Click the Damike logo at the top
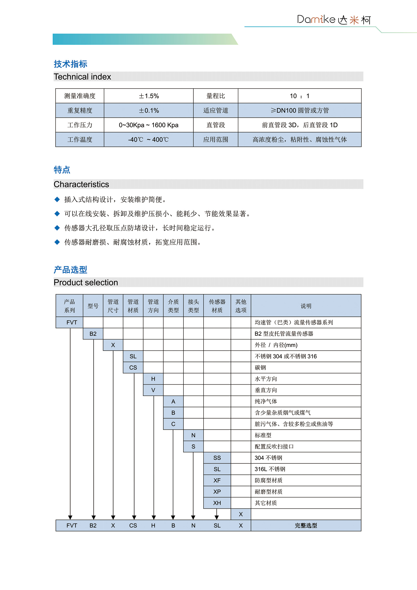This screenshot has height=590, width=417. click(x=334, y=20)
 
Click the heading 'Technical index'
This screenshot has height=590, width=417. click(x=82, y=77)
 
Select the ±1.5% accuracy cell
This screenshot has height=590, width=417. click(x=149, y=96)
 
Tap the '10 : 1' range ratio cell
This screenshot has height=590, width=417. click(x=299, y=96)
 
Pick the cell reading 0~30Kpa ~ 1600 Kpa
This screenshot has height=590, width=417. click(x=149, y=125)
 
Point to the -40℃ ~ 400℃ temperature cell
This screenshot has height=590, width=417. click(x=149, y=140)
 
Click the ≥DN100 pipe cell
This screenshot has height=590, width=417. click(x=299, y=111)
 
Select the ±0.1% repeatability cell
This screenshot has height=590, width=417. click(x=149, y=111)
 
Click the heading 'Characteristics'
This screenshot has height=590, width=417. click(x=81, y=184)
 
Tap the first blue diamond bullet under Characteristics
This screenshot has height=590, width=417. click(x=57, y=199)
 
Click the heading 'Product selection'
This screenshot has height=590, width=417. click(x=86, y=282)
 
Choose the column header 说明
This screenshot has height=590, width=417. click(x=306, y=306)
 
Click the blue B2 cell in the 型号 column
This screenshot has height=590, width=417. click(x=93, y=334)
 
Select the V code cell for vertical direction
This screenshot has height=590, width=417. click(x=153, y=390)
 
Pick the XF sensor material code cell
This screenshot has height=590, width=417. click(x=217, y=480)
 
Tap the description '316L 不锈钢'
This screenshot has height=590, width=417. click(x=270, y=469)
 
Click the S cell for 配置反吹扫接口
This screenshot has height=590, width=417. click(x=193, y=447)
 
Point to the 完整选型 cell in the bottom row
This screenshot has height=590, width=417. click(x=306, y=526)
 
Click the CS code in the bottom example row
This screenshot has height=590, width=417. click(x=133, y=526)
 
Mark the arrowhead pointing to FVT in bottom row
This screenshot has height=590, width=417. click(x=70, y=517)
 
